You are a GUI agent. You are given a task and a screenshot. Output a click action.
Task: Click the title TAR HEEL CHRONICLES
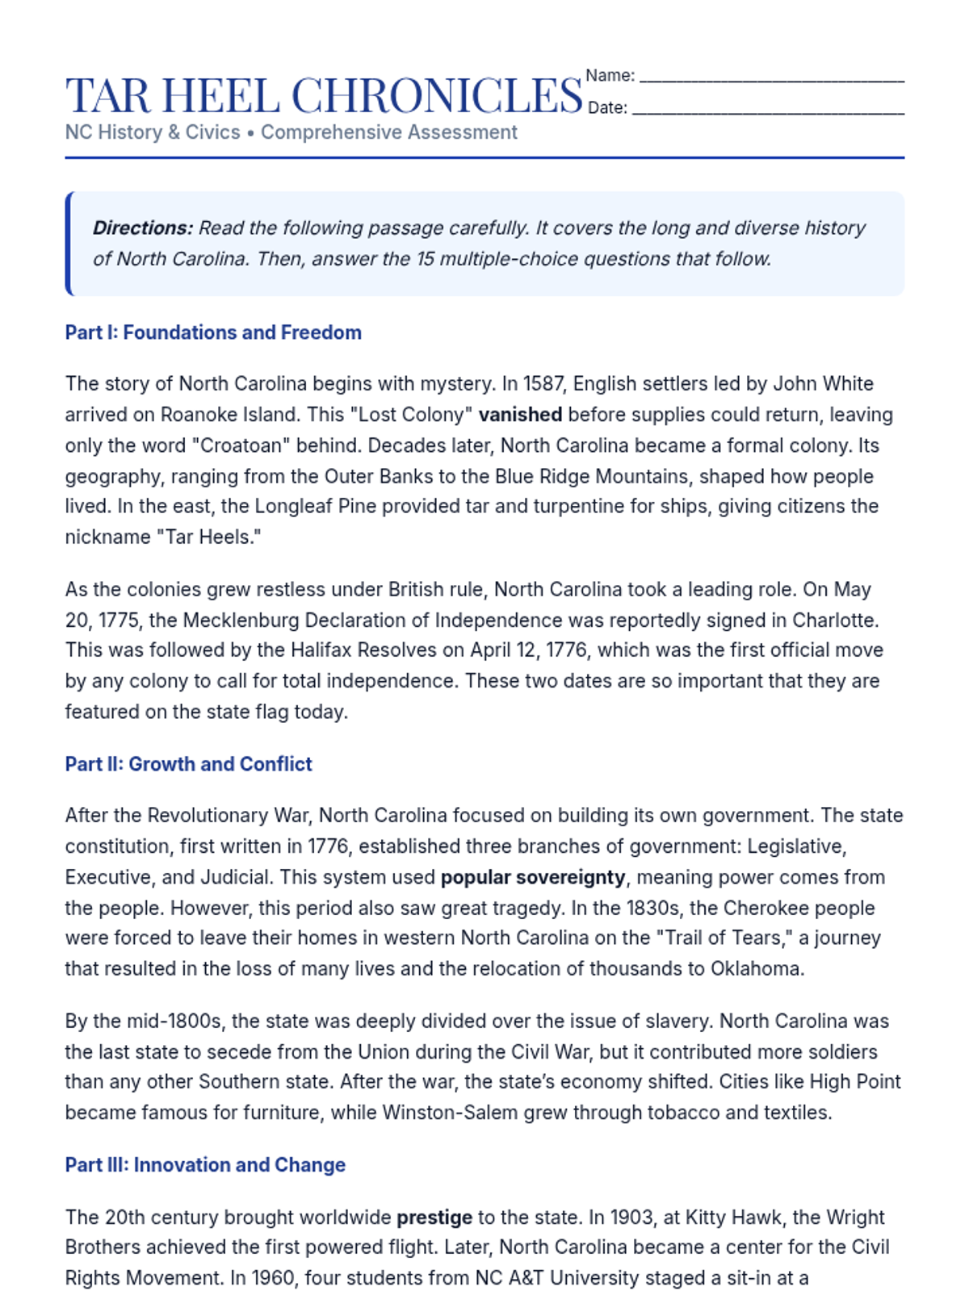click(324, 95)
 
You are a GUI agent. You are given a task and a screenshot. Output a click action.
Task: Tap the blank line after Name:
click(771, 80)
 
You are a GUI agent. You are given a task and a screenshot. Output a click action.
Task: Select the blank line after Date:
click(768, 112)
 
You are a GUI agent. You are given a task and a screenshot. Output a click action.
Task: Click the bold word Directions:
click(143, 228)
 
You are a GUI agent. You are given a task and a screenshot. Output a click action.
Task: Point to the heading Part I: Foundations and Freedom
click(213, 332)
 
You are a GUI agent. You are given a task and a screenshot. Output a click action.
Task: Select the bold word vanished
click(520, 415)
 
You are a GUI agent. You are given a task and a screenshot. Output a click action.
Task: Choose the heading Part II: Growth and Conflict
click(188, 764)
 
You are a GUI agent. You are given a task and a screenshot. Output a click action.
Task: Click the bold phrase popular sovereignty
click(533, 877)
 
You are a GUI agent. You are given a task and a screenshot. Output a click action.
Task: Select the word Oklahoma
click(756, 968)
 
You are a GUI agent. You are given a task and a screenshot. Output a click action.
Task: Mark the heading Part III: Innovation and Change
click(205, 1165)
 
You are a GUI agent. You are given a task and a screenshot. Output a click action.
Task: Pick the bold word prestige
click(434, 1217)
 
